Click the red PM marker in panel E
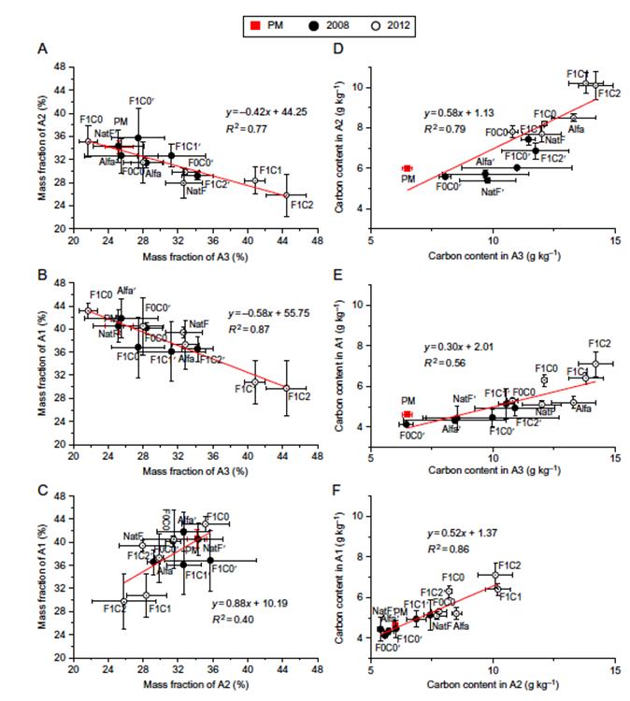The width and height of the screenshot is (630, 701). (407, 414)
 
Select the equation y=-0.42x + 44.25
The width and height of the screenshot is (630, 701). (265, 110)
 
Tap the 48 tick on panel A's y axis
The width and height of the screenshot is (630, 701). (61, 66)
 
